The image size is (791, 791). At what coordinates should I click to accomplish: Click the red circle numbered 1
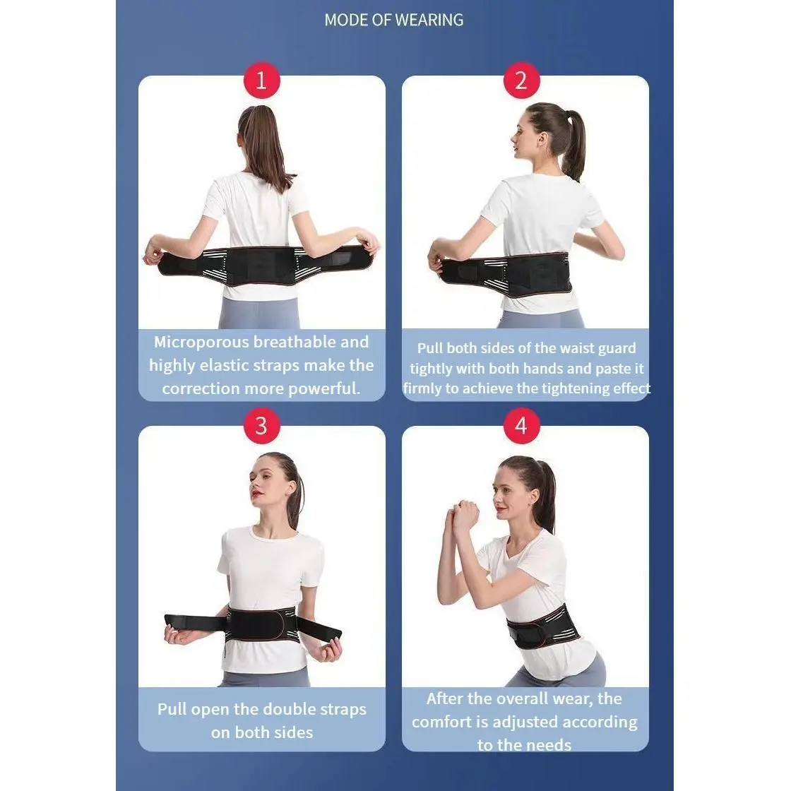pos(261,81)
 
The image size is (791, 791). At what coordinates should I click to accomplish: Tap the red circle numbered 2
pos(521,81)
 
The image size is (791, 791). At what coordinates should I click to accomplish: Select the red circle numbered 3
pos(261,426)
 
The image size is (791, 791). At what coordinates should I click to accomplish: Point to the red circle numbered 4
pos(521,426)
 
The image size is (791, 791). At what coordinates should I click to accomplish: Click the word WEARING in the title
pos(429,20)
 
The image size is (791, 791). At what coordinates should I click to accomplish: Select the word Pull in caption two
pos(430,348)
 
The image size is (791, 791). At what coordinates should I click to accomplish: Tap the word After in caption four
pos(444,698)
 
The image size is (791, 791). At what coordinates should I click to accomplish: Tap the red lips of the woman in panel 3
pos(257,493)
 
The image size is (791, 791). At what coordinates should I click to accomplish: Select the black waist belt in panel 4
pos(543,626)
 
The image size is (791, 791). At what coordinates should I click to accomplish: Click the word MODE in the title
pos(346,20)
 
